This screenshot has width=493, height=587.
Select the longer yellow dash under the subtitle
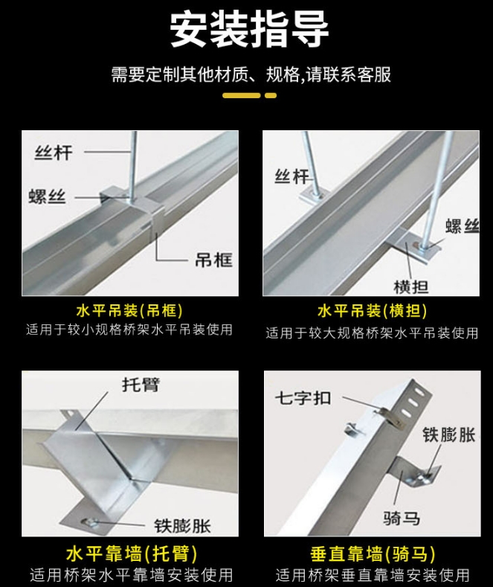(x=241, y=95)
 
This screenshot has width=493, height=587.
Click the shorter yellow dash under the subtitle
(x=271, y=95)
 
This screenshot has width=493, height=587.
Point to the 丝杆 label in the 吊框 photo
(x=54, y=153)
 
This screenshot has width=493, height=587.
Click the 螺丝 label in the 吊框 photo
(x=47, y=196)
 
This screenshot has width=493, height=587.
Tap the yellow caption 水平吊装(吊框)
(x=129, y=310)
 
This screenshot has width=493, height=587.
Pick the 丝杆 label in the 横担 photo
(x=291, y=177)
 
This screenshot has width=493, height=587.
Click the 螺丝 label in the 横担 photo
(x=462, y=226)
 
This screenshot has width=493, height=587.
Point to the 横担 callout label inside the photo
(x=411, y=286)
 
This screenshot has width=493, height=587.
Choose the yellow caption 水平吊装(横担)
(x=373, y=311)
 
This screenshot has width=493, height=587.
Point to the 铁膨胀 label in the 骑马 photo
(x=448, y=434)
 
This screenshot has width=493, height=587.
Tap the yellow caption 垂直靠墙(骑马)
(x=373, y=555)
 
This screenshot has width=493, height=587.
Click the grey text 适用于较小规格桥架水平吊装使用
(x=129, y=329)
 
